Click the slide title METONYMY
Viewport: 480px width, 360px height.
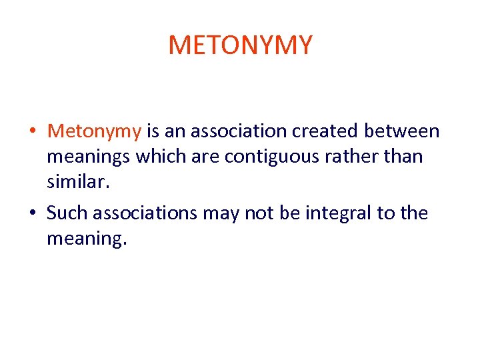240,45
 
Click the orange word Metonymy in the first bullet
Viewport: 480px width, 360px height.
94,131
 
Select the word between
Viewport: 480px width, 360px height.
407,131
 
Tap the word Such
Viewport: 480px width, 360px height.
67,213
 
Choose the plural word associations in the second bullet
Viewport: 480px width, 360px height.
145,213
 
